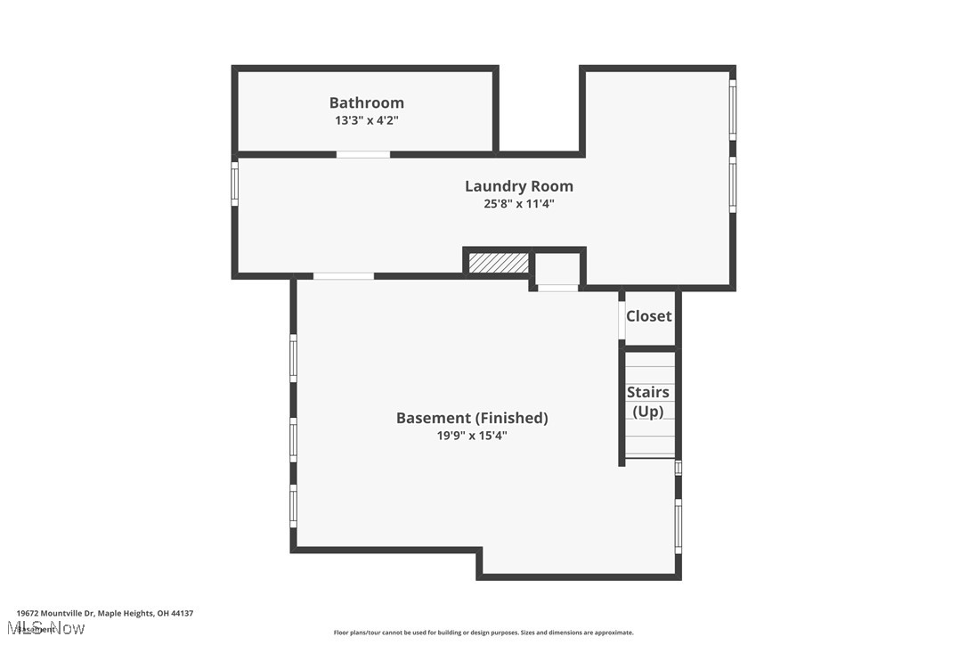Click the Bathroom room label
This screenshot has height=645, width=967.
point(366,103)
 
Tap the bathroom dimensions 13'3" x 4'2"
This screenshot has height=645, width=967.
point(366,120)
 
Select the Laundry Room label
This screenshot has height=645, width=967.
point(518,186)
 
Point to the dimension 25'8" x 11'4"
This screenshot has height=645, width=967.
point(518,203)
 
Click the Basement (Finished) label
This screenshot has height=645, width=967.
point(472,418)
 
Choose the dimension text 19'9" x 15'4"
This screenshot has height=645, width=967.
point(472,436)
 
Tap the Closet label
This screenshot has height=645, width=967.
point(648,316)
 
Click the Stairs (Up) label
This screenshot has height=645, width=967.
point(648,402)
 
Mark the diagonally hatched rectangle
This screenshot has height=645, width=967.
point(498,263)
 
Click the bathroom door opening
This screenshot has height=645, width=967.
point(362,155)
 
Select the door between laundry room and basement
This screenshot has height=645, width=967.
point(344,276)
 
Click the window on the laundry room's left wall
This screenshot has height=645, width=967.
point(235,184)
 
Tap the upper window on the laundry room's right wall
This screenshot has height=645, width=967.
point(733,110)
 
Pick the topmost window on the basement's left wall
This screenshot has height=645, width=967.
point(293,358)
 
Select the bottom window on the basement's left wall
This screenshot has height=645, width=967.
point(293,506)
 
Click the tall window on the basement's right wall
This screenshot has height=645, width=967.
point(678,526)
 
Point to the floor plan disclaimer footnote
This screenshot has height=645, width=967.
point(483,633)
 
